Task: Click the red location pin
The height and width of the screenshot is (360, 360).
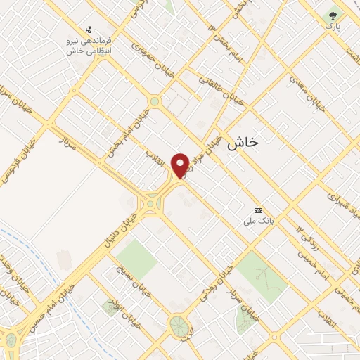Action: (x=180, y=165)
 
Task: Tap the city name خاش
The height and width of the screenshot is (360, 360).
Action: (x=243, y=142)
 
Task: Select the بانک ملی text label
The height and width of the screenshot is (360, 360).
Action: (x=257, y=221)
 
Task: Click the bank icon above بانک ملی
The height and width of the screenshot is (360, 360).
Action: (x=258, y=210)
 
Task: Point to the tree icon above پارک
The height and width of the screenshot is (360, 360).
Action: (x=333, y=15)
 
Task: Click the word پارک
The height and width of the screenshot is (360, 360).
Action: (x=332, y=26)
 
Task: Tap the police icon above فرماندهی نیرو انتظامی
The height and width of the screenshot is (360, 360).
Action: (x=89, y=30)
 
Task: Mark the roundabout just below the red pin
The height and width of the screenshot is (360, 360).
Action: (x=151, y=203)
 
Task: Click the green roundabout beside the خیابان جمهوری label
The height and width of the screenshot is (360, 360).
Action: (x=155, y=102)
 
